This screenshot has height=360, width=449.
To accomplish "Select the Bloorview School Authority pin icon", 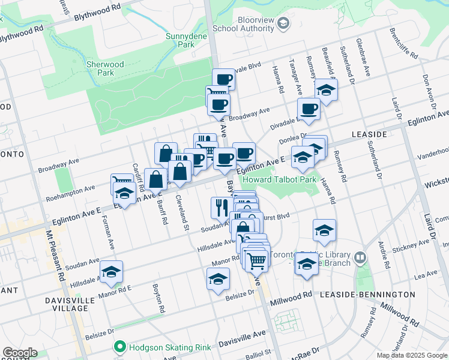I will [x=284, y=23].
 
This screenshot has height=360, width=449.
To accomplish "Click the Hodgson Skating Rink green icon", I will [x=120, y=346].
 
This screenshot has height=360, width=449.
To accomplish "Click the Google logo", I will [x=19, y=353].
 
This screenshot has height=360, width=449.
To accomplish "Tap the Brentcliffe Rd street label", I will [x=403, y=43].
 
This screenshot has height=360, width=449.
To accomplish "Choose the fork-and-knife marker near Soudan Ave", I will [x=220, y=207].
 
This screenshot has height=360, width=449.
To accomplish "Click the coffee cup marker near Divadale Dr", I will [x=309, y=109].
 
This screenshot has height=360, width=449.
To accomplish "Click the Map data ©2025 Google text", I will [x=412, y=355].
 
